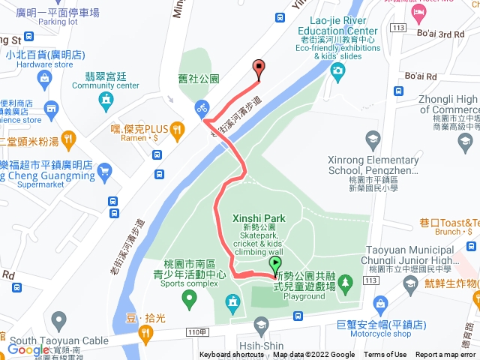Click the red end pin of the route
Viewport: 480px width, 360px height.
click(x=259, y=68)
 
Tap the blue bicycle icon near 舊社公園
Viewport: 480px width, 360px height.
click(x=202, y=107)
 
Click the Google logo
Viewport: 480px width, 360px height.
click(x=28, y=349)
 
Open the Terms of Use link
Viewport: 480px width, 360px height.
click(x=385, y=355)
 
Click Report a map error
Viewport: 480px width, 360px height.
click(x=445, y=355)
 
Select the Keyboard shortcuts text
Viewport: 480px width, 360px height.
click(x=232, y=355)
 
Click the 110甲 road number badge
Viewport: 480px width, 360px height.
click(x=196, y=332)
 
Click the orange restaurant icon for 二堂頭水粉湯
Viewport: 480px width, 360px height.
click(x=68, y=138)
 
